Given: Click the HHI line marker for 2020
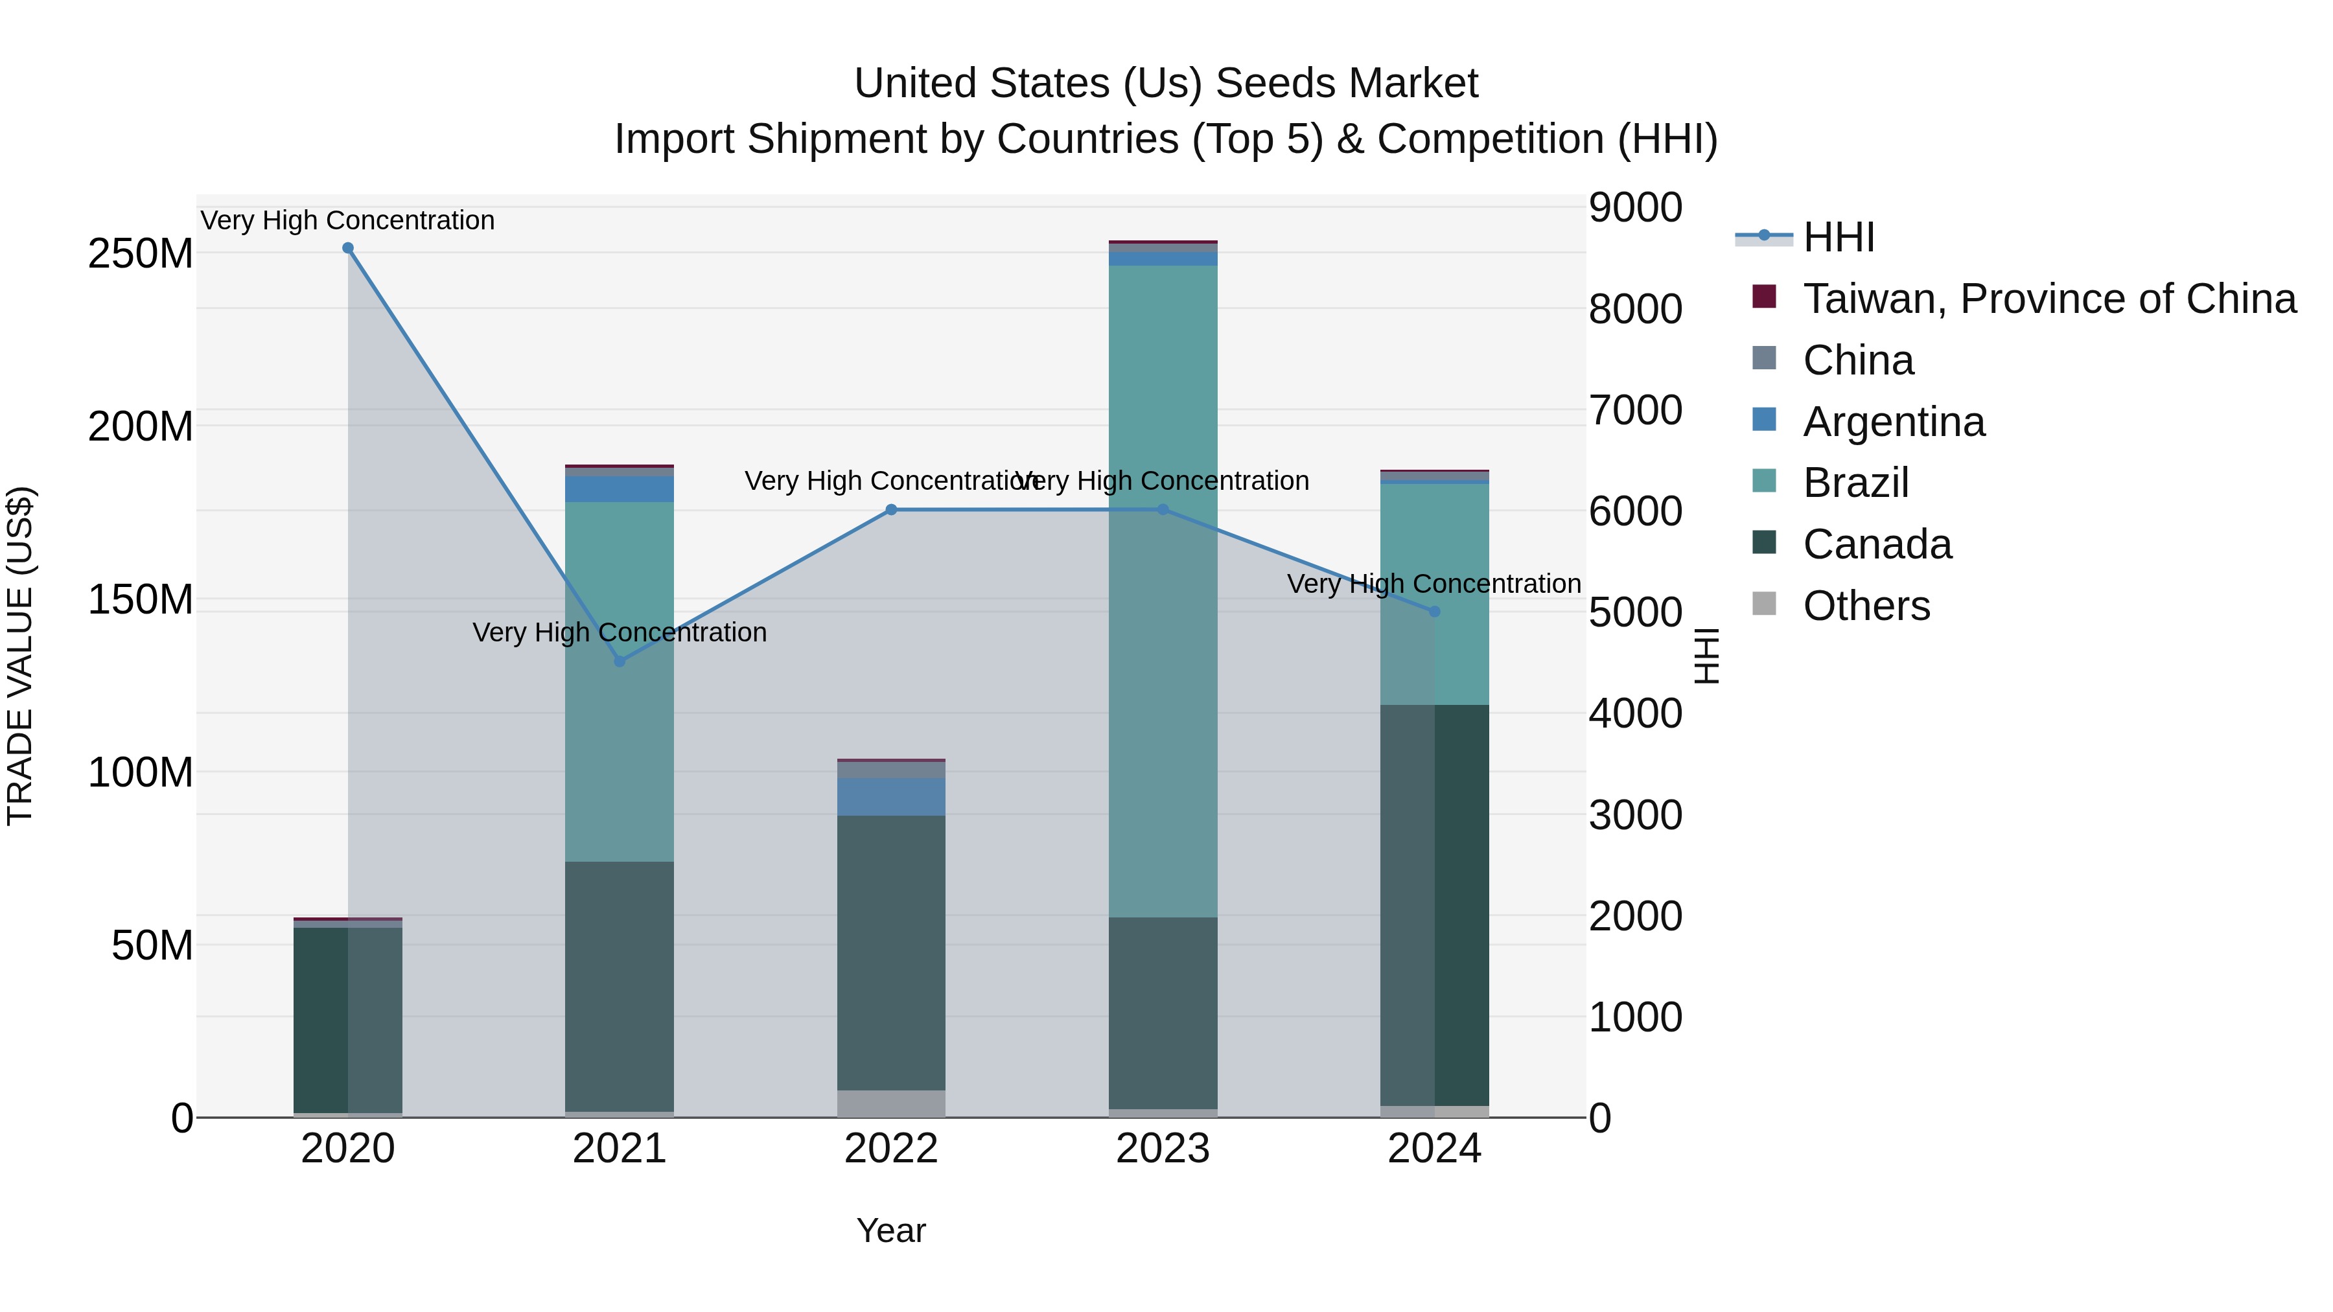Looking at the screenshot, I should click(x=348, y=248).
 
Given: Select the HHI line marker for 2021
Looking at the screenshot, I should click(x=620, y=661).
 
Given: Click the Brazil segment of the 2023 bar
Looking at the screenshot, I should click(x=1162, y=588).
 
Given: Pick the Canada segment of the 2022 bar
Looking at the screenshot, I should click(x=890, y=950).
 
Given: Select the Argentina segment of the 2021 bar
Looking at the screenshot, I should click(x=619, y=489).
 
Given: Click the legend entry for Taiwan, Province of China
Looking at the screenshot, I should click(x=2049, y=299).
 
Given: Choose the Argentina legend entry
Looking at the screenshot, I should click(x=1893, y=422).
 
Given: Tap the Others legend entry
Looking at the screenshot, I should click(x=1866, y=606).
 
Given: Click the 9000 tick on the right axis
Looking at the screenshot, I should click(x=1635, y=207).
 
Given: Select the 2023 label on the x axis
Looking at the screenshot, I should click(x=1162, y=1149).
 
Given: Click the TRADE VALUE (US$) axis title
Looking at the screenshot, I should click(x=20, y=656).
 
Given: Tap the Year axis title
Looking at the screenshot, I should click(x=890, y=1230).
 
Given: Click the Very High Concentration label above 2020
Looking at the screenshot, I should click(x=348, y=220).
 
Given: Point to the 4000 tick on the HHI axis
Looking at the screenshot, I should click(x=1635, y=713).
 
